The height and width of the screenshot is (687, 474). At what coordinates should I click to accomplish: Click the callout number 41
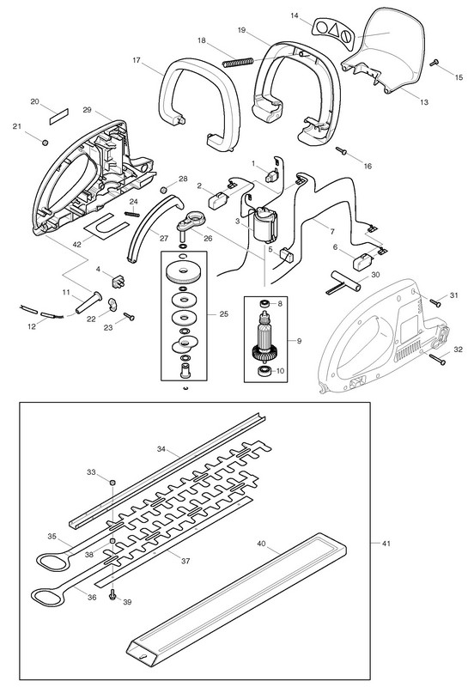(386, 544)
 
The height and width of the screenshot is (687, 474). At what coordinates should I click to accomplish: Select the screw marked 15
(435, 62)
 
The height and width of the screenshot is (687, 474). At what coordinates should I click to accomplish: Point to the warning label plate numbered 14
(334, 30)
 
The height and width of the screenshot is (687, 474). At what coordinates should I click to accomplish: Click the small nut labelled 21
(45, 143)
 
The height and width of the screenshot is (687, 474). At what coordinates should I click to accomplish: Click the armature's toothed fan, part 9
(264, 352)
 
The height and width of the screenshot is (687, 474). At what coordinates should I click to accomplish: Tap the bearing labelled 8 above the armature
(264, 303)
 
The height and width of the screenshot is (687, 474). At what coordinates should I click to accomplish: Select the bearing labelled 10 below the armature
(264, 371)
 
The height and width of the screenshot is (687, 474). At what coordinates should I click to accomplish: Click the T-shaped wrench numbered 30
(346, 284)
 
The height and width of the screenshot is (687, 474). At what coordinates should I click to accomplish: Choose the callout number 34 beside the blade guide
(161, 448)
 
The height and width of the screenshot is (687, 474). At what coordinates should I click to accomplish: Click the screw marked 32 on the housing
(437, 359)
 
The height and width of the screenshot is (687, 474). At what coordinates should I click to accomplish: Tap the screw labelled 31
(435, 302)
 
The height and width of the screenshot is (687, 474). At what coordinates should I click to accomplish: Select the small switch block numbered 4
(118, 283)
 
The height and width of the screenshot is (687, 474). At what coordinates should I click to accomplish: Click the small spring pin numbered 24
(132, 214)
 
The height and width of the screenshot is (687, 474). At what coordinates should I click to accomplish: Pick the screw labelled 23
(129, 315)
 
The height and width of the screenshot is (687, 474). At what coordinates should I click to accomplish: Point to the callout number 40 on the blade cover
(261, 544)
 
